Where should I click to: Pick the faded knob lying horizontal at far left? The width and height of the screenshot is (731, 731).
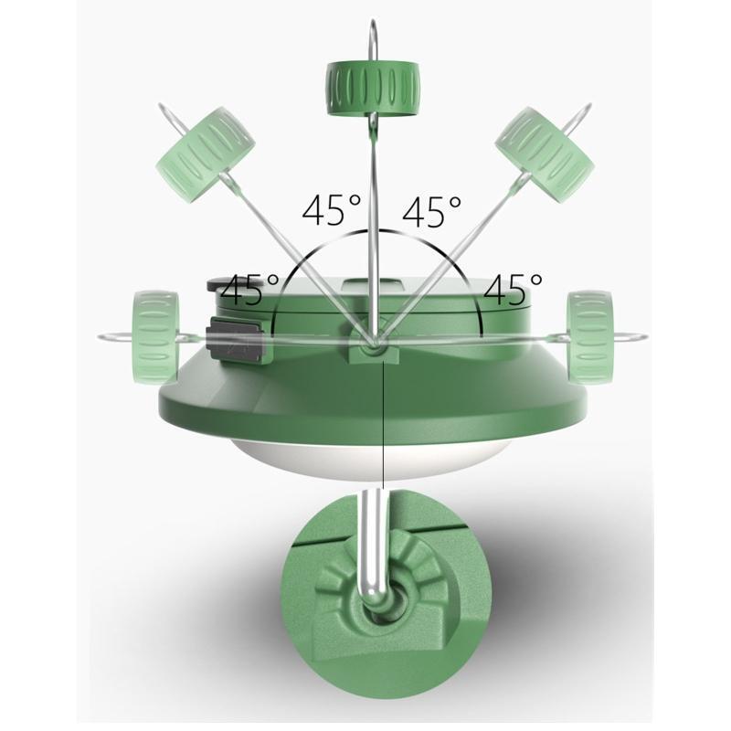tap(155, 337)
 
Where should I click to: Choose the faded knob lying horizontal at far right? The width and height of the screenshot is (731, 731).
tap(589, 336)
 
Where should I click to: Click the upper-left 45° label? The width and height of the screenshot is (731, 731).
tap(332, 211)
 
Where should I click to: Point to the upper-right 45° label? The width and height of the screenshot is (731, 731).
tap(432, 211)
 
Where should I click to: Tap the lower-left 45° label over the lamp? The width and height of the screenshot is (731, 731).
tap(250, 290)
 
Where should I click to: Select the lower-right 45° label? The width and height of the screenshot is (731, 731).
tap(514, 289)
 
